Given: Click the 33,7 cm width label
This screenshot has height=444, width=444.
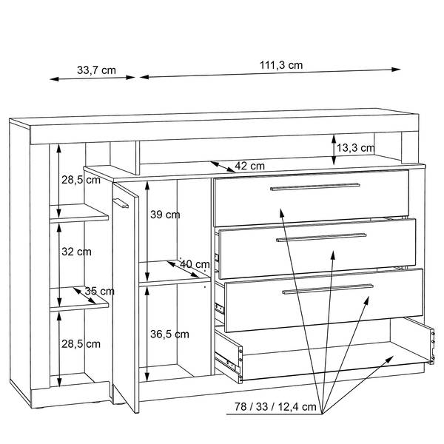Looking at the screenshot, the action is coord(96,70).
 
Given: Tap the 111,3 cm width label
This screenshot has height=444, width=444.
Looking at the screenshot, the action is coord(281,65).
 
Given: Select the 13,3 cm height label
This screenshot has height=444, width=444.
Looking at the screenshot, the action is coord(355,148).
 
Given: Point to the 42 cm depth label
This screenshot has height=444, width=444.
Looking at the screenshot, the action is coord(250,166).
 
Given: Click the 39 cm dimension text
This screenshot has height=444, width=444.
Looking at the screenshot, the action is coord(165,215).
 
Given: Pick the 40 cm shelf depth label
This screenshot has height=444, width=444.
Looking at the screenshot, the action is coord(195,264).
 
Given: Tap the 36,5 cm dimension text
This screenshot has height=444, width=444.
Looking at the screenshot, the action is coord(169,334).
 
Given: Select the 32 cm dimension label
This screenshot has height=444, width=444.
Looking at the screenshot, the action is coord(76,252).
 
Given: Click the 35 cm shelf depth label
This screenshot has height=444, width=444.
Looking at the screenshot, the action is coord(99,291).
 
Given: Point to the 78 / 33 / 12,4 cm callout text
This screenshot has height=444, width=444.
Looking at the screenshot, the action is coord(275,406).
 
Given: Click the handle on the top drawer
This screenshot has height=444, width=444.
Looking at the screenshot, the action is coord(315,187).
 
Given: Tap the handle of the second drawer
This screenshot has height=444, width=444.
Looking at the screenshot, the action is coord(321,238).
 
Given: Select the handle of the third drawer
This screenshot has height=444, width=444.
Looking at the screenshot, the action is coord(328,289).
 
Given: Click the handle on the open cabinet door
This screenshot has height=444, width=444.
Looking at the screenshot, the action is coord(121,203).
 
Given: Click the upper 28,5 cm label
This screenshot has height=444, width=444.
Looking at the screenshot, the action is coord(81,180).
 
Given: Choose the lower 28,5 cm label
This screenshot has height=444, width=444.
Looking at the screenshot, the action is coord(81,344).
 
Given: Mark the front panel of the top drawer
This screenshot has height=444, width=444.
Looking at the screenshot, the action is coord(312,198).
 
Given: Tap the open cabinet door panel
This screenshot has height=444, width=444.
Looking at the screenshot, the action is coord(126,297).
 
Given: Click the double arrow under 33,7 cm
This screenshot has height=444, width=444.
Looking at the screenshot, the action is coord(92,78).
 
